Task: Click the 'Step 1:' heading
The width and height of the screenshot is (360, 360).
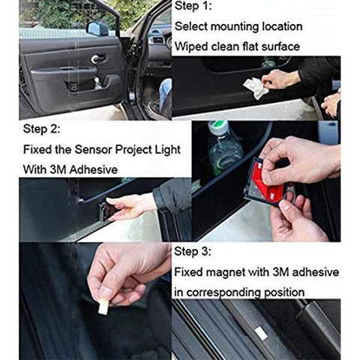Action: pos(195,7)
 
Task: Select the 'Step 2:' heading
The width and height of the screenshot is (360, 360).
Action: pos(43,127)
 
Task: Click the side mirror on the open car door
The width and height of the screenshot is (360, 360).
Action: pos(97,28)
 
